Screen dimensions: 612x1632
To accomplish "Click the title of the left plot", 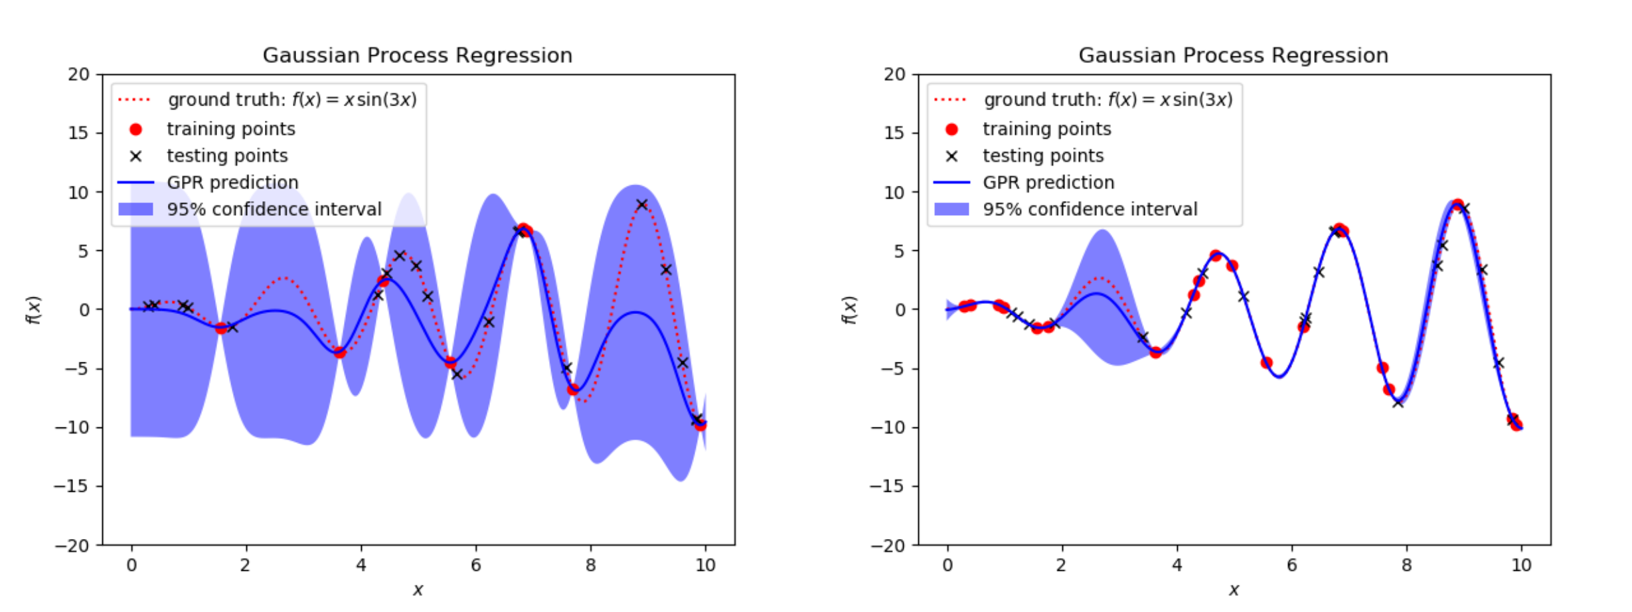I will pos(417,55).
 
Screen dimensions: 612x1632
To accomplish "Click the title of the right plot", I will pos(1233,55).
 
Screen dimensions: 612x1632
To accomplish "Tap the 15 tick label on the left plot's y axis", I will pos(79,133).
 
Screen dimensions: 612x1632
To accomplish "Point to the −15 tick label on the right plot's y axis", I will pos(887,486).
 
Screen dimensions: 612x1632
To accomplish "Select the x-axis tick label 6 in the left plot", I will pos(476,566).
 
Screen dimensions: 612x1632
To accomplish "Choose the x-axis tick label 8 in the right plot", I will pos(1407,566).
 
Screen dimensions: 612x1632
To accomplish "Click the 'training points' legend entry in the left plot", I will pos(230,129).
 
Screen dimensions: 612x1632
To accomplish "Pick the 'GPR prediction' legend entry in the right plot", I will pos(1048,183).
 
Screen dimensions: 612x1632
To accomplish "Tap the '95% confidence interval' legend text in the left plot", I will pos(274,209).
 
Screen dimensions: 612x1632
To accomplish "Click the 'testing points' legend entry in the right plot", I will pos(1042,156).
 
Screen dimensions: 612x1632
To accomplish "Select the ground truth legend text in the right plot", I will pos(1107,100).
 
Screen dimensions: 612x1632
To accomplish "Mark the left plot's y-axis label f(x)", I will pos(33,310).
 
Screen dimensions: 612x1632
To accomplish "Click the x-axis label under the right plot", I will pos(1234,589).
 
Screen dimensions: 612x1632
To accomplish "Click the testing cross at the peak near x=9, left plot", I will pos(641,204).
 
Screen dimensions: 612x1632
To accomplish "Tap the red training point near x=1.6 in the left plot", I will pos(221,328).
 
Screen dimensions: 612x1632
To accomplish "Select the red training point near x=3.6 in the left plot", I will pos(339,352).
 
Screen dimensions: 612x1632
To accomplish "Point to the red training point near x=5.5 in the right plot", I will pos(1266,362).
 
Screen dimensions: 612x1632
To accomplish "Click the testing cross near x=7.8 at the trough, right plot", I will pos(1398,402).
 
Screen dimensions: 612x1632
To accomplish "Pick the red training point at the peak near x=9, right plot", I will pos(1457,204).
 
